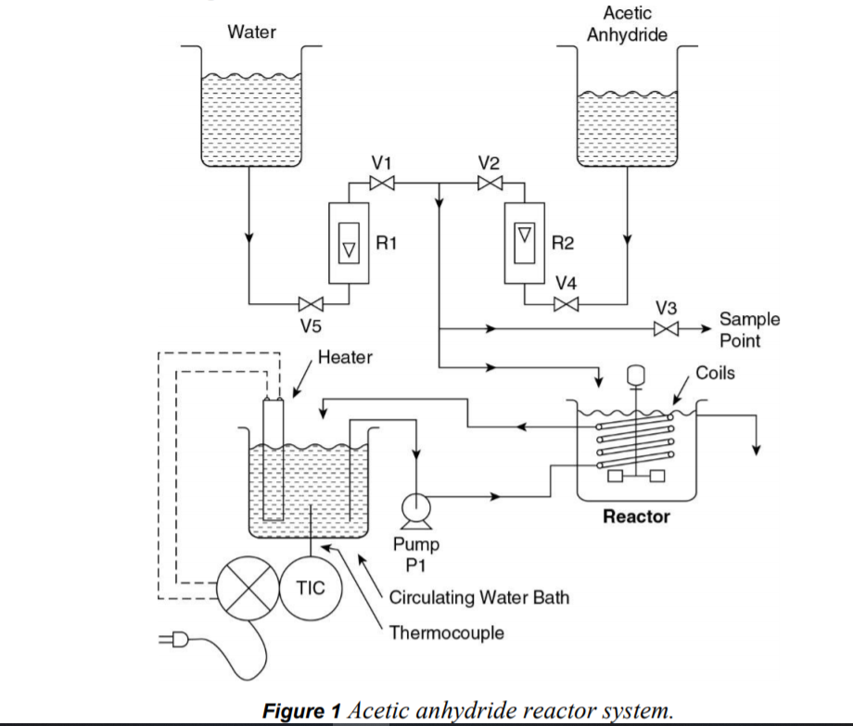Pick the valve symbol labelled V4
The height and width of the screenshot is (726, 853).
[x=566, y=303]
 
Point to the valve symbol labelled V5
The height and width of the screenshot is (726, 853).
[x=311, y=303]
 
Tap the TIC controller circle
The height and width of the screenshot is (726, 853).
[x=310, y=589]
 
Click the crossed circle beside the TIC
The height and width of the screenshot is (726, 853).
[x=247, y=590]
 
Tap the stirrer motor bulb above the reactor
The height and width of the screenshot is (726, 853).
[x=636, y=374]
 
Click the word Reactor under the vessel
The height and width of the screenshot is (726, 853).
[x=636, y=516]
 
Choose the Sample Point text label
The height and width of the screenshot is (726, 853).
[x=749, y=329]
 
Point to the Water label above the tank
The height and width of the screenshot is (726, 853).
[x=252, y=32]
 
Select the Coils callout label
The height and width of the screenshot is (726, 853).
[x=715, y=373]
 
